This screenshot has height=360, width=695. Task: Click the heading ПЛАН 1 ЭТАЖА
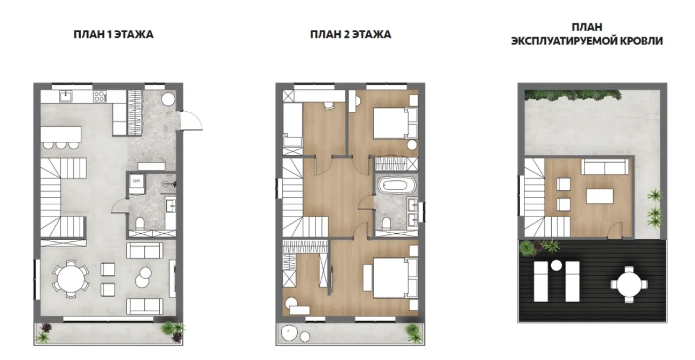pos(113,34)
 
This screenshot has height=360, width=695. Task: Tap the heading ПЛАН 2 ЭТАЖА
pos(351,34)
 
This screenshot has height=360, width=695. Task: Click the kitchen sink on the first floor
pos(66,96)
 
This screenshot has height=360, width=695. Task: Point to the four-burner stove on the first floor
pos(100,96)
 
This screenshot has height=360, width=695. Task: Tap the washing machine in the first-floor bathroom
pos(137,184)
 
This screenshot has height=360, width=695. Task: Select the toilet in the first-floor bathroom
pos(140,224)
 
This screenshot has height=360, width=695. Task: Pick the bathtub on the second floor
pos(393,186)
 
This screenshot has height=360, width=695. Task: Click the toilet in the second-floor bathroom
pos(387,224)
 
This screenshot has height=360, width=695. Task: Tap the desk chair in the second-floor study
pos(328,105)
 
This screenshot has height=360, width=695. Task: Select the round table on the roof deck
pos(629,285)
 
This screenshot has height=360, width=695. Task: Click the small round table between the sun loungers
pos(556,265)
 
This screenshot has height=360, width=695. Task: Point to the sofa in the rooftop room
pos(605,167)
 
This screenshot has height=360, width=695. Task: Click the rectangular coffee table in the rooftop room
pos(599,196)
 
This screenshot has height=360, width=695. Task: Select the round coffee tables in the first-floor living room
pos(143,277)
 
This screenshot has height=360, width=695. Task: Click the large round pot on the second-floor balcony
pos(289,332)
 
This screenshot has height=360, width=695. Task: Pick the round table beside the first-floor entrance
pos(168,99)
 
